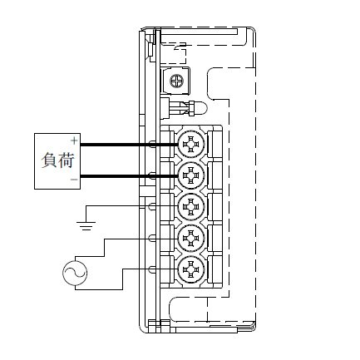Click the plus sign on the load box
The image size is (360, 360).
pyautogui.click(x=74, y=141)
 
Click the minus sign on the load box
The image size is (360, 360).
pyautogui.click(x=74, y=180)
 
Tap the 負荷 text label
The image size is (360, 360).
pyautogui.click(x=58, y=160)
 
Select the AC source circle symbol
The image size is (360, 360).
pyautogui.click(x=75, y=273)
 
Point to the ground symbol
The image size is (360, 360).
pyautogui.click(x=86, y=226)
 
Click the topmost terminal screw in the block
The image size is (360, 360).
pyautogui.click(x=191, y=144)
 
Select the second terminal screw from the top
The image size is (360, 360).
pyautogui.click(x=191, y=175)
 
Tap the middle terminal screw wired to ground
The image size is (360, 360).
pyautogui.click(x=191, y=207)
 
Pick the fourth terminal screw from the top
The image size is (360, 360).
pyautogui.click(x=191, y=238)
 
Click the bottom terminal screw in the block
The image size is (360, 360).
pyautogui.click(x=191, y=269)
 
